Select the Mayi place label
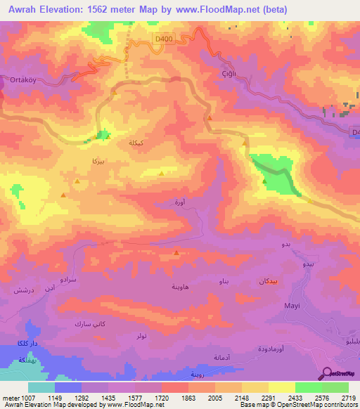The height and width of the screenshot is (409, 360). pyautogui.click(x=292, y=306)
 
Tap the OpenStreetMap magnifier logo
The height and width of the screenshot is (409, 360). pyautogui.click(x=328, y=373)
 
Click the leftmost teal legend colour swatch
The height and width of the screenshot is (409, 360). pyautogui.click(x=41, y=387)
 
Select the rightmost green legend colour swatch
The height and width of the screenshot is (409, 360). pyautogui.click(x=335, y=387)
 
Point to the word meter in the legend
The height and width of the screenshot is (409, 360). pyautogui.click(x=11, y=397)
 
